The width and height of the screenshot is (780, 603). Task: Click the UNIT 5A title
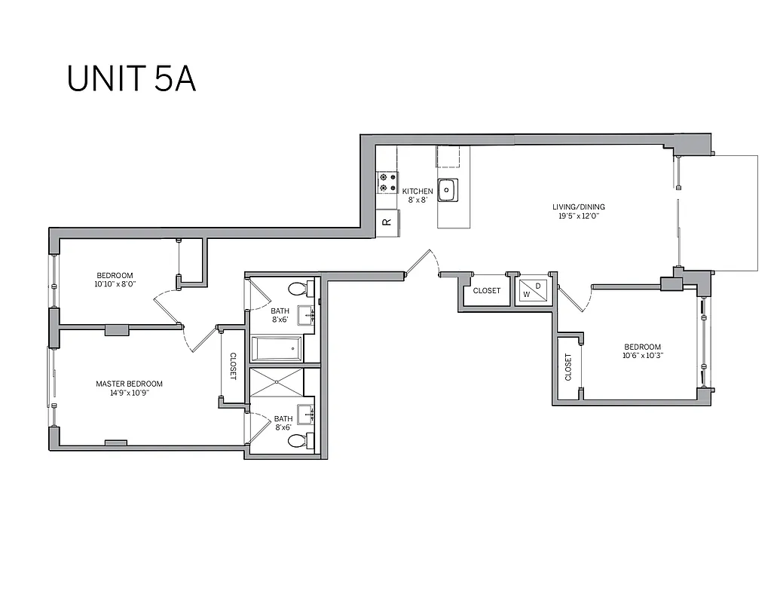click(x=132, y=78)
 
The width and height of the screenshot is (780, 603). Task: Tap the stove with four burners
click(x=387, y=182)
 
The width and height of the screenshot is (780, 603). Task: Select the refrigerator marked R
click(x=387, y=222)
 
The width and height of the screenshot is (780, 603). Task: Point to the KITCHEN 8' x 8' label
click(x=417, y=195)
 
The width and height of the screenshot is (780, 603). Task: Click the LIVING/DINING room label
click(x=578, y=211)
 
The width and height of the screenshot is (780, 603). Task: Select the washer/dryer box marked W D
click(x=533, y=290)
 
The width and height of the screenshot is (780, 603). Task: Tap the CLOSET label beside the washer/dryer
click(x=487, y=291)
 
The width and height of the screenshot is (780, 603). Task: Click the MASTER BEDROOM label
click(x=129, y=388)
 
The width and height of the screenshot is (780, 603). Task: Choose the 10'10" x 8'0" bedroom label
click(x=115, y=279)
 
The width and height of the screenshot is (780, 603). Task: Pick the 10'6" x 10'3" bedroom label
click(x=642, y=351)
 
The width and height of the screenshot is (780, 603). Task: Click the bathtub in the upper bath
click(x=276, y=348)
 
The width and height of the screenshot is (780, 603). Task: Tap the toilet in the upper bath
click(x=299, y=288)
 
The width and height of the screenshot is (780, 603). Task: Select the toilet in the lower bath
click(x=299, y=441)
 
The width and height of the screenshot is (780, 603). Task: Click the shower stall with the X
click(x=276, y=382)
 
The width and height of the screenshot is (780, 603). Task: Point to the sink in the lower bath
click(x=307, y=414)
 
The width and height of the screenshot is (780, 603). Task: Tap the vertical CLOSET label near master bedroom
click(x=233, y=366)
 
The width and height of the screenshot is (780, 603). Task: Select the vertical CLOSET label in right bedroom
click(x=568, y=368)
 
